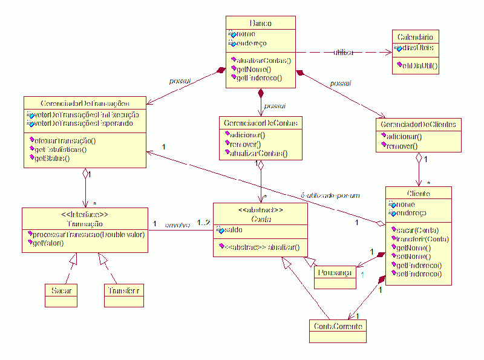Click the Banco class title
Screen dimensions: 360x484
(x=260, y=23)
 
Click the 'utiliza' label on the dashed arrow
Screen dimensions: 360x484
(x=343, y=53)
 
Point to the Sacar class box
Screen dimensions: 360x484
(x=61, y=290)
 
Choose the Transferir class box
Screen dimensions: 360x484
(x=124, y=290)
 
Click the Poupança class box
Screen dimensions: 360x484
(x=333, y=273)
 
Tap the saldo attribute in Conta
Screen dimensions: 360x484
(x=234, y=229)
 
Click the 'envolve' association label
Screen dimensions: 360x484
(x=177, y=225)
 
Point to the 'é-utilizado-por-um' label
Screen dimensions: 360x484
(x=330, y=195)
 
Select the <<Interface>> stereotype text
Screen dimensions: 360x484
(x=85, y=214)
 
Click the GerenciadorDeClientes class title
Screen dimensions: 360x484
(x=419, y=125)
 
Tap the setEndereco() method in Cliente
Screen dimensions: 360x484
(x=419, y=274)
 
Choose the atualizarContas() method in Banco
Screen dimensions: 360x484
(x=263, y=61)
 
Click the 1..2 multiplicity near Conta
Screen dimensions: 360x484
(x=203, y=224)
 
